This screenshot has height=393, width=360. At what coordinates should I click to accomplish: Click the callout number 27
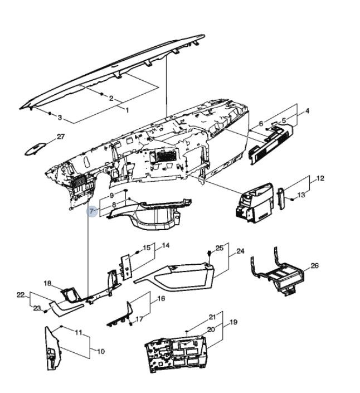[x=61, y=137]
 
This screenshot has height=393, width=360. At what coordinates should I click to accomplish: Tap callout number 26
[x=314, y=266]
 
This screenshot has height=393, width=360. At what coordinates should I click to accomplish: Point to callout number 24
[x=240, y=251]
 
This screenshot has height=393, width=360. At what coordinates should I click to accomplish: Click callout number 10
[x=101, y=352]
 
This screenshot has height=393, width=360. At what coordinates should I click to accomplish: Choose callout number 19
[x=233, y=322]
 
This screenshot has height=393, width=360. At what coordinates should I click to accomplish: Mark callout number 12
[x=320, y=178]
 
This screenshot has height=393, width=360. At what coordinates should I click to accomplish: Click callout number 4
[x=307, y=111]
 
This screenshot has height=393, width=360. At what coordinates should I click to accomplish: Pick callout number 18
[x=48, y=283]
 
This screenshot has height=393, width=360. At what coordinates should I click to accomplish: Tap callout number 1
[x=127, y=110]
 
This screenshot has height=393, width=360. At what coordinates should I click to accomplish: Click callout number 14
[x=166, y=245]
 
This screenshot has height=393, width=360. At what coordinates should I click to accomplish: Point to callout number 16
[x=161, y=298]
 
